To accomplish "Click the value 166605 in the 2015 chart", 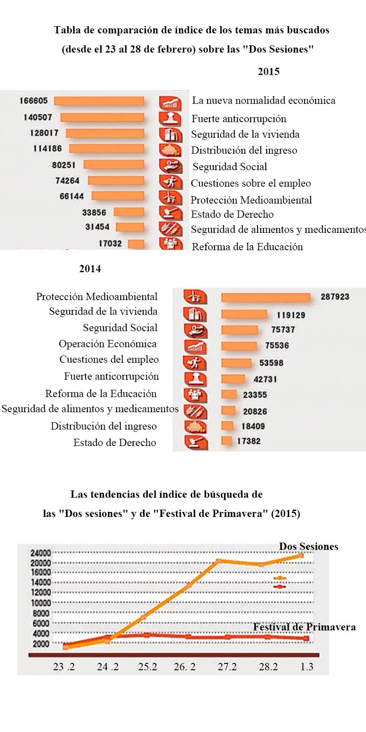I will pyautogui.click(x=33, y=101).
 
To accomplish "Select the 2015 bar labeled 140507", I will pyautogui.click(x=102, y=118).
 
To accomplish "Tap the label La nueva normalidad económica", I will pyautogui.click(x=264, y=101).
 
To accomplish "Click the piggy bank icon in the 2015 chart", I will pyautogui.click(x=170, y=150).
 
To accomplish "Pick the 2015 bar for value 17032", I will pyautogui.click(x=136, y=244).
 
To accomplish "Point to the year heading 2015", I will pyautogui.click(x=269, y=71).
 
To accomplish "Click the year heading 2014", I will pyautogui.click(x=90, y=269).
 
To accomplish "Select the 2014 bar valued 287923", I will pyautogui.click(x=265, y=297).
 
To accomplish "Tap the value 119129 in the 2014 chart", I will pyautogui.click(x=291, y=315).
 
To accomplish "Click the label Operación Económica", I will pyautogui.click(x=108, y=344).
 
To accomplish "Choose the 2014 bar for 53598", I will pyautogui.click(x=236, y=363).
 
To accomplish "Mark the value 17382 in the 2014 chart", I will pyautogui.click(x=249, y=441).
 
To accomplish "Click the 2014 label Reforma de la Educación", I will pyautogui.click(x=101, y=394).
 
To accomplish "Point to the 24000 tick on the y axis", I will pyautogui.click(x=41, y=553).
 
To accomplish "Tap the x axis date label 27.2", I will pyautogui.click(x=227, y=667).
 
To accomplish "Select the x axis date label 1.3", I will pyautogui.click(x=307, y=667).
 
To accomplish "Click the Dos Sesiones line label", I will pyautogui.click(x=308, y=547).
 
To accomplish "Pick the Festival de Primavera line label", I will pyautogui.click(x=304, y=627).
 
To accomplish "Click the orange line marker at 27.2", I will pyautogui.click(x=219, y=560).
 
